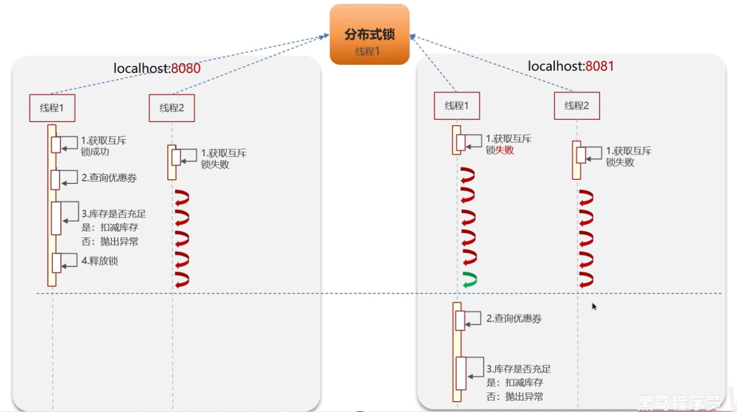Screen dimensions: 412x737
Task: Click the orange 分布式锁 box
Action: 369,34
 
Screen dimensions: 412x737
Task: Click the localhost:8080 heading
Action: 157,68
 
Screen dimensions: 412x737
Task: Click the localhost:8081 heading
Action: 571,66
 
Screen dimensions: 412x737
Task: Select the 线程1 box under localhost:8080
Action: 52,108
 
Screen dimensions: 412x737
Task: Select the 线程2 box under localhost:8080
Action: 171,108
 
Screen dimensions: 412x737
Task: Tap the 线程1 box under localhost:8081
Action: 457,106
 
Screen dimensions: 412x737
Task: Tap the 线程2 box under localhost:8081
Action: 576,106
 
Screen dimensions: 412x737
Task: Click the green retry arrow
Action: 469,280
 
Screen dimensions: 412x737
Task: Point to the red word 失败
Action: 505,150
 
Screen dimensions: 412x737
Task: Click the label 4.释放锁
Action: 100,261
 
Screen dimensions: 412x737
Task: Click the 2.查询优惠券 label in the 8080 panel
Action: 109,178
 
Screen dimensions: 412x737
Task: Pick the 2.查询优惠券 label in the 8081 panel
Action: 514,319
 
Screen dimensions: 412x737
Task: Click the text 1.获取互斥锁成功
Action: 103,146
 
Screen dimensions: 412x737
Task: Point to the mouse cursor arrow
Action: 593,306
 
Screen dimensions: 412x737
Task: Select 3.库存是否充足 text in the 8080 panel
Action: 113,215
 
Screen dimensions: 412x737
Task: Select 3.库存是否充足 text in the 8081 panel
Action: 518,369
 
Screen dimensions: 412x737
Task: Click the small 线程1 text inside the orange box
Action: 367,51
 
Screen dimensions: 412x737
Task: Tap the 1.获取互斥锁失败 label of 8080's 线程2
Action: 223,159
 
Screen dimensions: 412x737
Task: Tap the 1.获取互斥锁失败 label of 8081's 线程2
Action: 628,156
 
